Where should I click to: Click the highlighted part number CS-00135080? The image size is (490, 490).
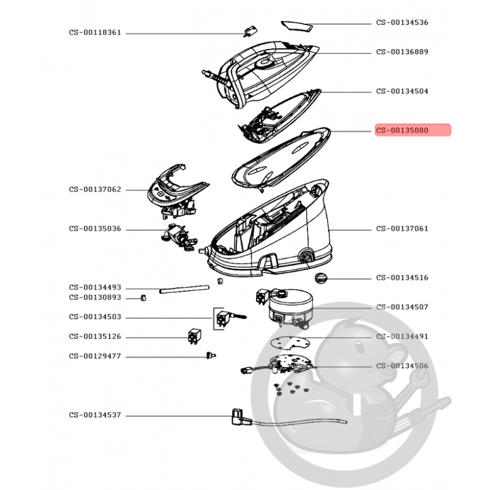point(402,130)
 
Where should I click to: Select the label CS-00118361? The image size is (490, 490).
point(95,32)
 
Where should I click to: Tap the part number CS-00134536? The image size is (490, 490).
point(402,22)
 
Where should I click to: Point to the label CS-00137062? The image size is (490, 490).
point(95,189)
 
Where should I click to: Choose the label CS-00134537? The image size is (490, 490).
point(95,415)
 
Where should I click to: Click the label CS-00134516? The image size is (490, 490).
point(402,277)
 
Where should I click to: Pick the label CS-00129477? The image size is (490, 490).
point(95,356)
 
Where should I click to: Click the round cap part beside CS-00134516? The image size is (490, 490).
point(320,278)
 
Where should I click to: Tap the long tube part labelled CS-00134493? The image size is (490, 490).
point(184,288)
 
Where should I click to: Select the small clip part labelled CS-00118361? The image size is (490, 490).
point(250,32)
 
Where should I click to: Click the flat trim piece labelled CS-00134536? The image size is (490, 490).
point(297,26)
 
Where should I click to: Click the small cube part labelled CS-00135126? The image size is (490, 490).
point(194,337)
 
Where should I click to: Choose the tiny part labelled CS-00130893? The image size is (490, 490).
point(143,298)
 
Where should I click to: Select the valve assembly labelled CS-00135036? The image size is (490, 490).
point(179,238)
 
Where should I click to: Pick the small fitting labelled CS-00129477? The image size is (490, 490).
point(211,356)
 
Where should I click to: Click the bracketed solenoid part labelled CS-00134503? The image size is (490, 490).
point(230,318)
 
